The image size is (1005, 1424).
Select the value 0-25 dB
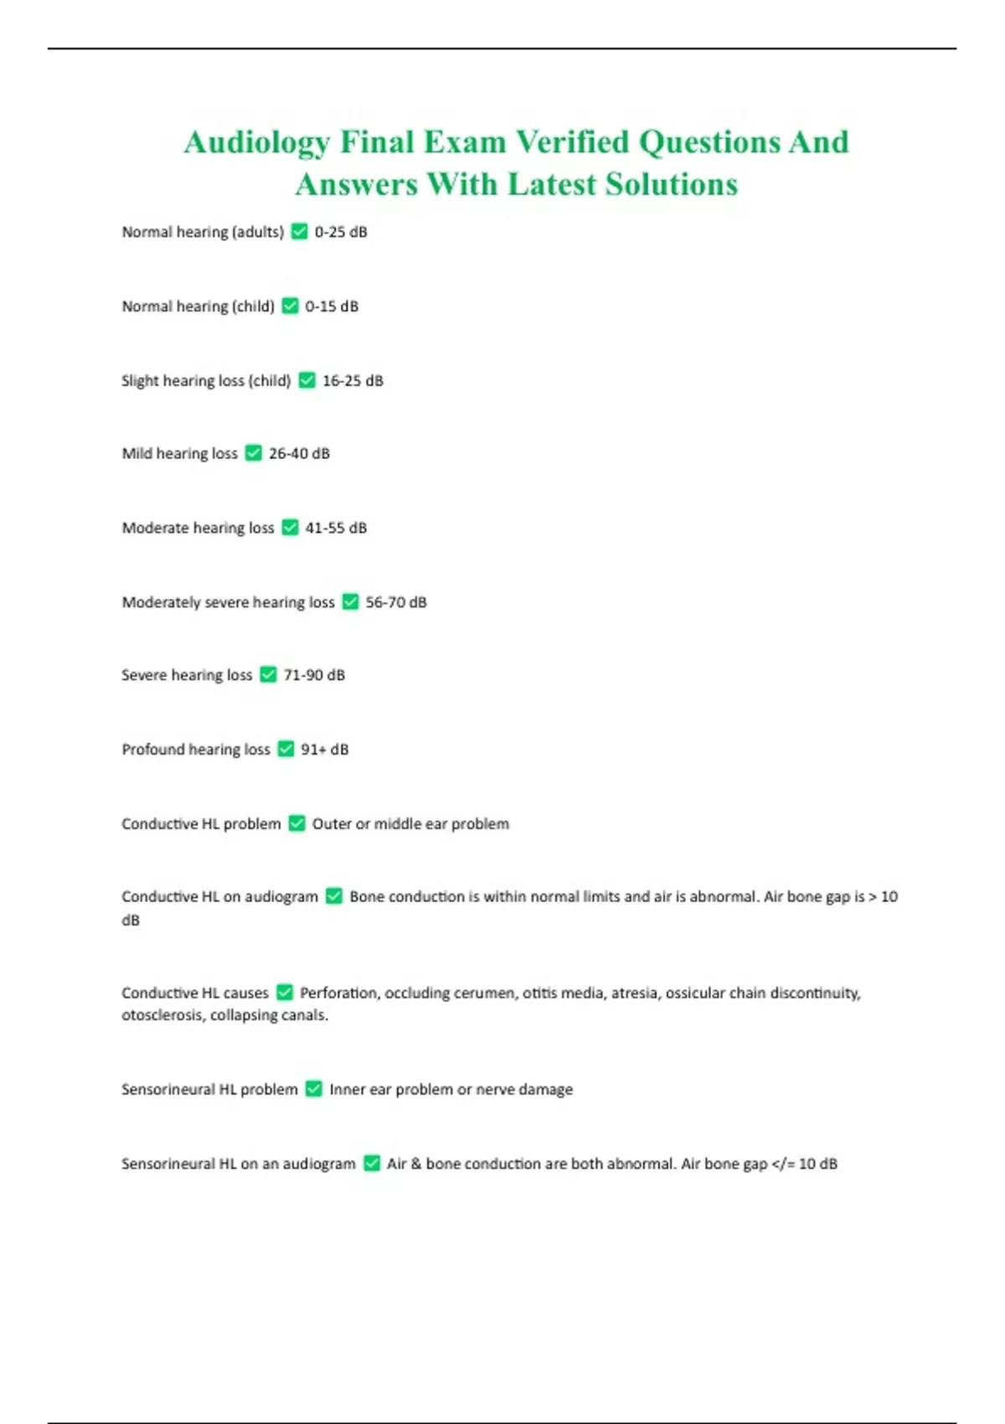coord(341,232)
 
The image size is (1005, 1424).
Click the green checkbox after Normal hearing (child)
coord(290,306)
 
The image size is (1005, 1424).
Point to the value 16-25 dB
coord(353,380)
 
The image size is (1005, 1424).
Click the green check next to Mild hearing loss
coord(253,453)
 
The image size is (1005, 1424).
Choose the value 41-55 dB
coord(336,528)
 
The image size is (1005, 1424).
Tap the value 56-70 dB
coord(396,602)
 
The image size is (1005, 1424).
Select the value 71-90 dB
coord(314,675)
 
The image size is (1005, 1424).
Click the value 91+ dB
coord(324,749)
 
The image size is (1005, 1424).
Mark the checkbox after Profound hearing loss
coord(286,749)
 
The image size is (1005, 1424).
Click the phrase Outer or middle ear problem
coord(410,823)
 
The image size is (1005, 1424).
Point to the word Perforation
coord(338,993)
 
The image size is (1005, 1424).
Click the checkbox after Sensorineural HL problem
coord(314,1089)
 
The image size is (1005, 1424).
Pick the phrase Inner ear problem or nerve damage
coord(451,1089)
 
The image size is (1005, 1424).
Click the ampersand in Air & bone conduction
coord(416,1163)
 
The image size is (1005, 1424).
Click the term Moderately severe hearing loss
coord(228,602)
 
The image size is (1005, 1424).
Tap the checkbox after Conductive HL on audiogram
coord(333,896)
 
